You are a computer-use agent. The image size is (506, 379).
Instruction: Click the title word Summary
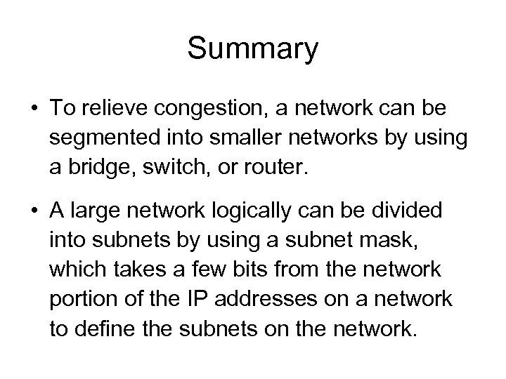point(253,50)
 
